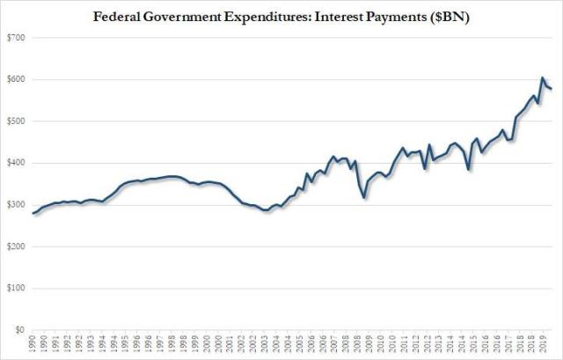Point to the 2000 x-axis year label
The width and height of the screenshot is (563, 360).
[x=208, y=346]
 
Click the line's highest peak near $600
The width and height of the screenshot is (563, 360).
[x=542, y=78]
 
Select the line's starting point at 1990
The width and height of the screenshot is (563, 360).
[x=33, y=213]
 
